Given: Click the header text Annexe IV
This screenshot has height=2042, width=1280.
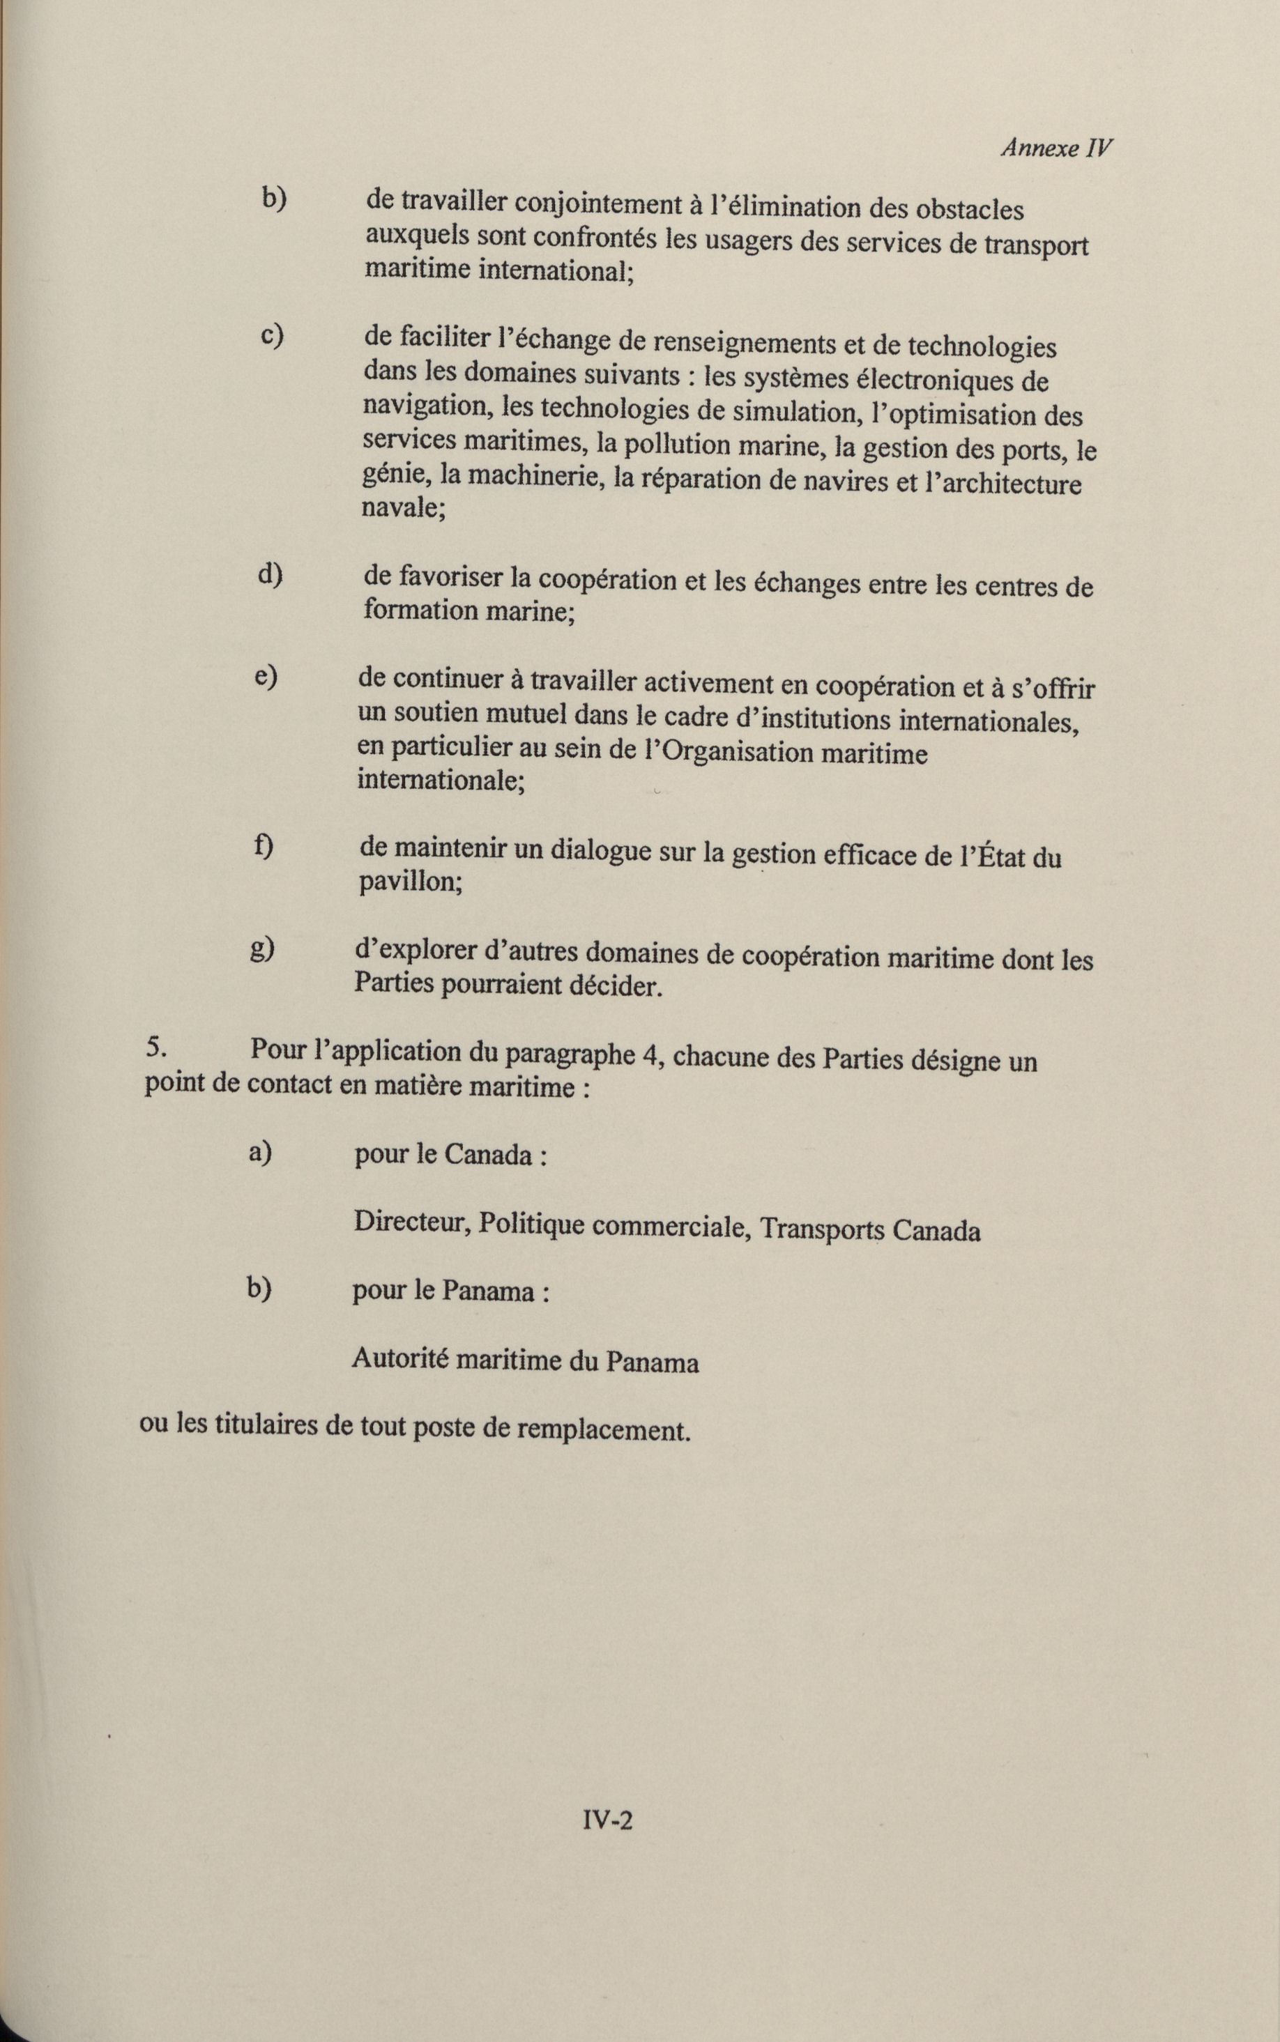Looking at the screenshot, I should (x=1056, y=148).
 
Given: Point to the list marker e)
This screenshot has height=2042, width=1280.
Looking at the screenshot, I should (x=266, y=677).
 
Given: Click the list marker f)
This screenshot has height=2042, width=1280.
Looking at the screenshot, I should (x=264, y=846).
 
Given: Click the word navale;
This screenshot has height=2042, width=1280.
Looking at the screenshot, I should (x=404, y=509).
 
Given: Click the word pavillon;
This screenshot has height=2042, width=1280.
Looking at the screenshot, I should (x=410, y=882).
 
